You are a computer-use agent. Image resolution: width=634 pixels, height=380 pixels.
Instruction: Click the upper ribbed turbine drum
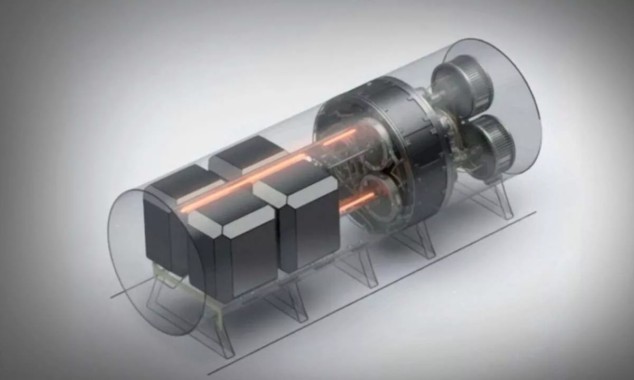[x=464, y=84]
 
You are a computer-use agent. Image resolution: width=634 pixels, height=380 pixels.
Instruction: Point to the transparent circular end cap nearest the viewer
[x=153, y=264]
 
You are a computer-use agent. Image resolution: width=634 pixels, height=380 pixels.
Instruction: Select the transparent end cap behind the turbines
[x=502, y=106]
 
